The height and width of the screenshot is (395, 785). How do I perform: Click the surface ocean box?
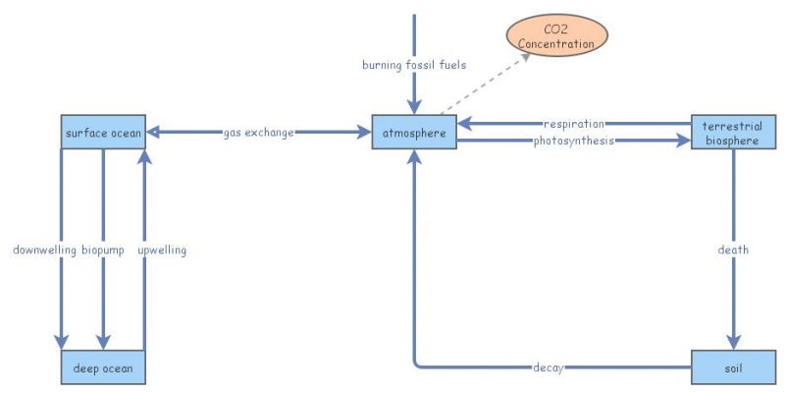103,133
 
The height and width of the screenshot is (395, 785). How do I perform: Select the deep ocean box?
103,367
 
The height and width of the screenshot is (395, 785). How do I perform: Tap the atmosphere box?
414,133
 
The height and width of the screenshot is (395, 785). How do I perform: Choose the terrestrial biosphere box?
733,133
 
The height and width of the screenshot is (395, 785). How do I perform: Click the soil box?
733,367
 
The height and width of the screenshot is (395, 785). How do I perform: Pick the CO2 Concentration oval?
555,36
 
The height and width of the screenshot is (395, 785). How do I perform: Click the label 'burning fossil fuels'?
414,65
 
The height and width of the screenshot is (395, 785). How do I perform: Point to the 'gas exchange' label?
257,133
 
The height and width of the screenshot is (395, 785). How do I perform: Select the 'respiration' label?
574,124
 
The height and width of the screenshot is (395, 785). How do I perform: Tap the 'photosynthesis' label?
574,141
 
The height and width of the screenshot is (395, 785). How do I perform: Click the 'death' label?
733,250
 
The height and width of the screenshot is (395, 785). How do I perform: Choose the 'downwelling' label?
44,250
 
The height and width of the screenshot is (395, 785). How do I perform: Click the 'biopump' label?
103,250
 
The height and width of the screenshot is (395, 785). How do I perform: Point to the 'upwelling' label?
162,250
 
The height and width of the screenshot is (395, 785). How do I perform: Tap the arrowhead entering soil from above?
733,340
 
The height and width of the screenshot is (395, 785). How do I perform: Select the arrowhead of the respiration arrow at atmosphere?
465,124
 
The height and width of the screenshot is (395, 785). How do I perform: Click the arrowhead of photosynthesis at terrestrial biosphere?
684,141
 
